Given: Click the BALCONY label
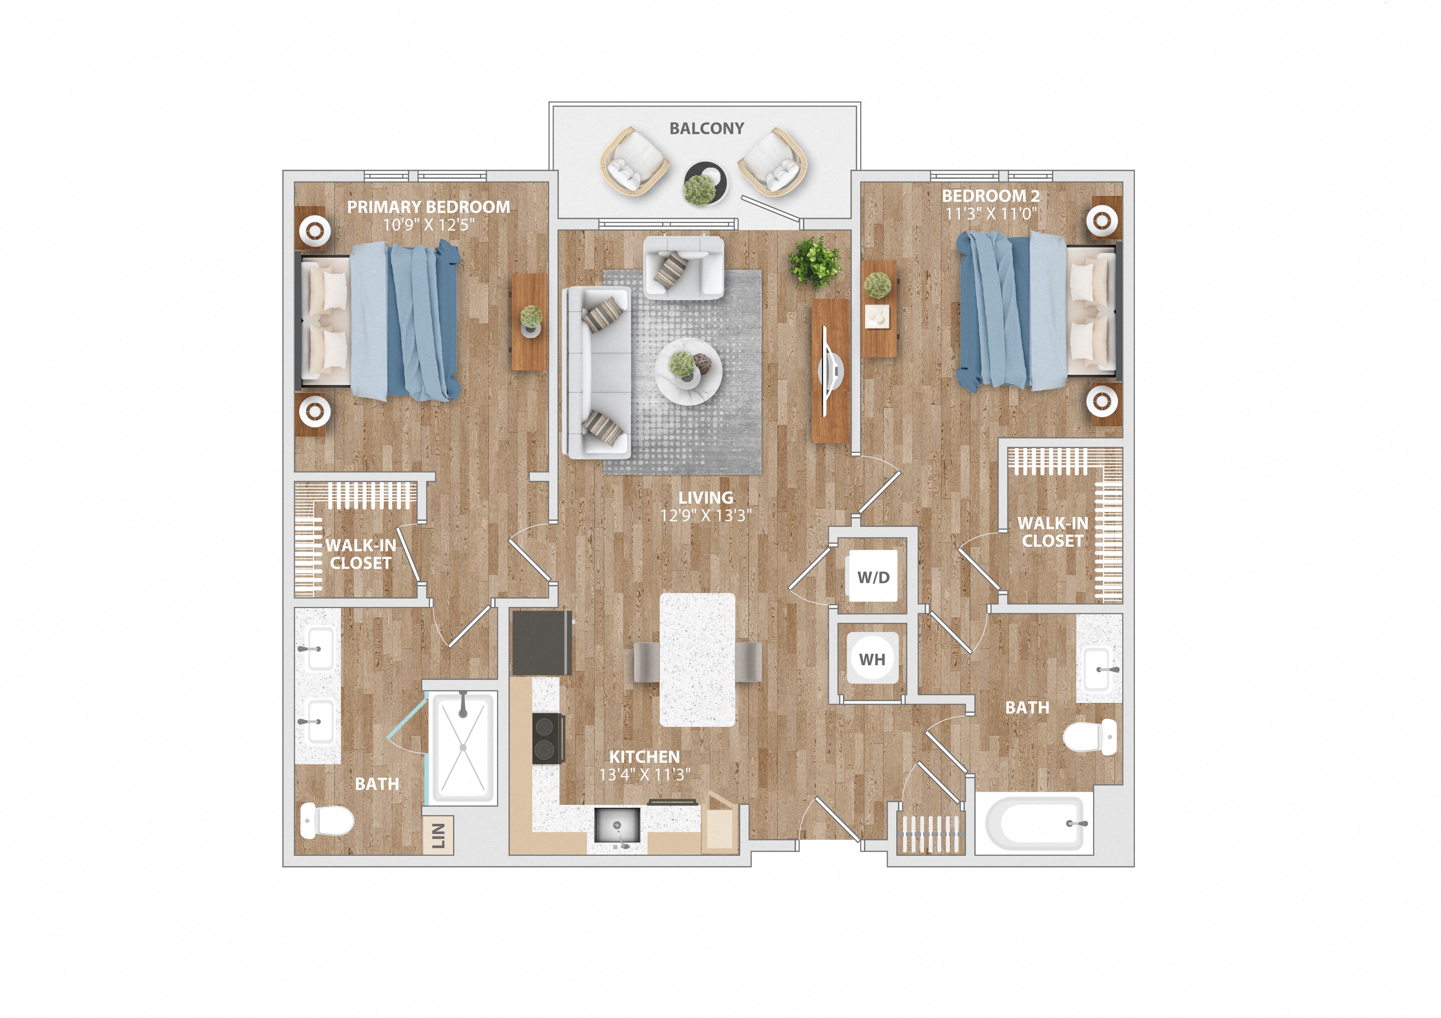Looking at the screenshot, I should pos(706,129).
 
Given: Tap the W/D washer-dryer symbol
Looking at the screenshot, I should pos(873,577).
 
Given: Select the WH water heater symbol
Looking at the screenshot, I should pos(872,659).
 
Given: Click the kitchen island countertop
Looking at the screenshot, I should pos(697,660).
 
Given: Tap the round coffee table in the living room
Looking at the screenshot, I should pos(688,371).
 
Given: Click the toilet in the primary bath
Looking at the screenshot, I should pos(327,820).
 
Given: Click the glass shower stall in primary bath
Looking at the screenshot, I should pos(463,748).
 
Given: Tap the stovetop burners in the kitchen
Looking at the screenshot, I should pos(546,738).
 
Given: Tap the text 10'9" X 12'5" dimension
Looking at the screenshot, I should pos(429,225).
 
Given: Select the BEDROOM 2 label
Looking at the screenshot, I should pos(990,196).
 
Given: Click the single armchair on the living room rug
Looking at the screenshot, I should pos(683,267).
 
